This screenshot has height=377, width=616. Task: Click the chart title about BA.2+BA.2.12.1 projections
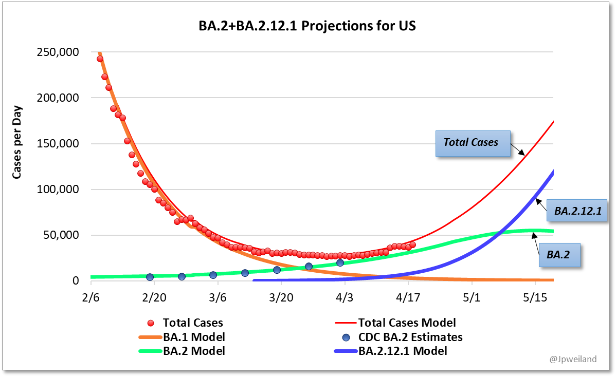pos(307,26)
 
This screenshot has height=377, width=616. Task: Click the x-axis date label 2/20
pos(154,298)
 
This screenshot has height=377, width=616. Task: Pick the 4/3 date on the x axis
pos(345,298)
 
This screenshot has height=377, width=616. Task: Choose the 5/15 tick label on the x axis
pos(535,298)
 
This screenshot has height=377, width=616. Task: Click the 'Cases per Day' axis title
pos(17,144)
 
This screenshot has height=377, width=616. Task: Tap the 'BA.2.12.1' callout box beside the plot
pos(577,210)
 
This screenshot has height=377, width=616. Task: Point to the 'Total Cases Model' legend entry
pos(406,323)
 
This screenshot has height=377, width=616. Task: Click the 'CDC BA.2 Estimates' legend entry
pos(410,337)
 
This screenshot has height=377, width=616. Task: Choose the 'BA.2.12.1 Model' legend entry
pos(402,351)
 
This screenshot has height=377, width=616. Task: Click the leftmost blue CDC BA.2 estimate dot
pos(150,277)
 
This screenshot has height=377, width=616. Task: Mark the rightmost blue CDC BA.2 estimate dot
pos(340,263)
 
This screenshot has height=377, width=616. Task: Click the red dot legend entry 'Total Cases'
pos(192,323)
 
